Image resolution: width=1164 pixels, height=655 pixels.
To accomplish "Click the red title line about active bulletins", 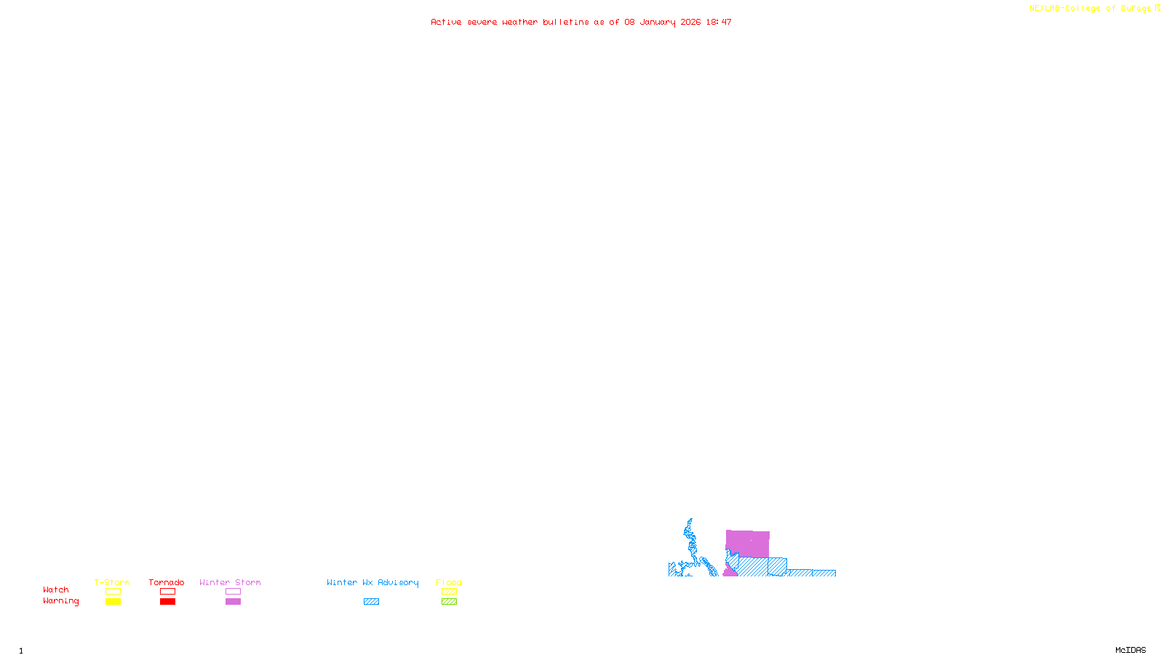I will click(581, 22).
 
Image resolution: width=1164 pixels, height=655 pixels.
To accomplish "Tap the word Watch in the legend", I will click(56, 589).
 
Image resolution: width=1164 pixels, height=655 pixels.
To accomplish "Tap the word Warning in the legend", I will click(60, 601).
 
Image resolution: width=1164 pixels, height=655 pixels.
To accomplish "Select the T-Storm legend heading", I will click(112, 582).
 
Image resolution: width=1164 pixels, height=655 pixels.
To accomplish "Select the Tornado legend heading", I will click(167, 582).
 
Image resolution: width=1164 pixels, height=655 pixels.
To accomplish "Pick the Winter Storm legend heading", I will click(230, 582).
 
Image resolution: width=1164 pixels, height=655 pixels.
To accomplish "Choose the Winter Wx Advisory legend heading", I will click(372, 582).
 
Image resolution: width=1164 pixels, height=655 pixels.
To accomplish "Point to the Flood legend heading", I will click(449, 582).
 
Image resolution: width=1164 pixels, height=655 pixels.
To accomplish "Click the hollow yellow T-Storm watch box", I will click(113, 592).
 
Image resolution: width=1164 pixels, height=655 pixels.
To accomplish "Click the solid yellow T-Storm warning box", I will click(113, 602).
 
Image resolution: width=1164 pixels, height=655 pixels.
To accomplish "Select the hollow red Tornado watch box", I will click(167, 592).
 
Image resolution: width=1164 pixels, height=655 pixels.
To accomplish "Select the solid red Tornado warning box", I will click(167, 602).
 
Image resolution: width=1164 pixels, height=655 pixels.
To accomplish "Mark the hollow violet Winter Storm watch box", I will click(233, 592).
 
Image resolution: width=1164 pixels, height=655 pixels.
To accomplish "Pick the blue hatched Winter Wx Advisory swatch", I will click(371, 602).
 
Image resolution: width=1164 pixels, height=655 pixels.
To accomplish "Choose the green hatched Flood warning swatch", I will click(449, 602).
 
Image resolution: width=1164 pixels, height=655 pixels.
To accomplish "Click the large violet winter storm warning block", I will click(748, 544).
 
